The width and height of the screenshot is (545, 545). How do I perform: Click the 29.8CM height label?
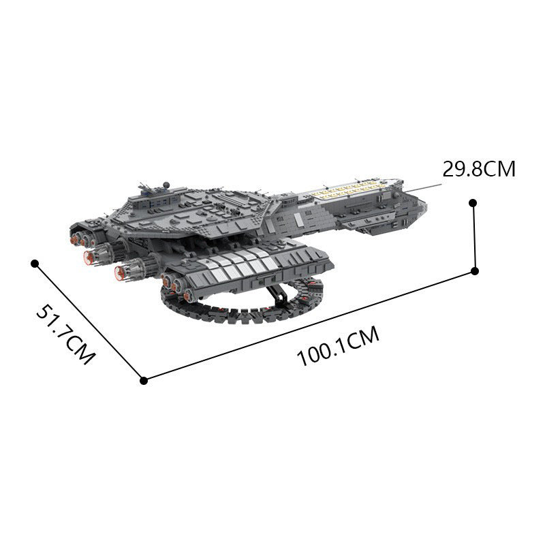click(479, 169)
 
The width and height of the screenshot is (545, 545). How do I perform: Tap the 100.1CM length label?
click(337, 347)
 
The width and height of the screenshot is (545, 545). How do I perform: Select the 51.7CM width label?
click(65, 334)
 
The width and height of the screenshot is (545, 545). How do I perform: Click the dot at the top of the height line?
click(472, 202)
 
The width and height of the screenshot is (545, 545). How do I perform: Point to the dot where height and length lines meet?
click(475, 271)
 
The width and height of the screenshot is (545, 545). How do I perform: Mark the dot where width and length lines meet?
click(143, 380)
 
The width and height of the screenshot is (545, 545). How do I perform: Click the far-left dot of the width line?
click(35, 262)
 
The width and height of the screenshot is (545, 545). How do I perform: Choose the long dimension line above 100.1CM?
click(307, 326)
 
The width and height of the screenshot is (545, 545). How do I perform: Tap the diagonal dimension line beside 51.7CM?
click(89, 321)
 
